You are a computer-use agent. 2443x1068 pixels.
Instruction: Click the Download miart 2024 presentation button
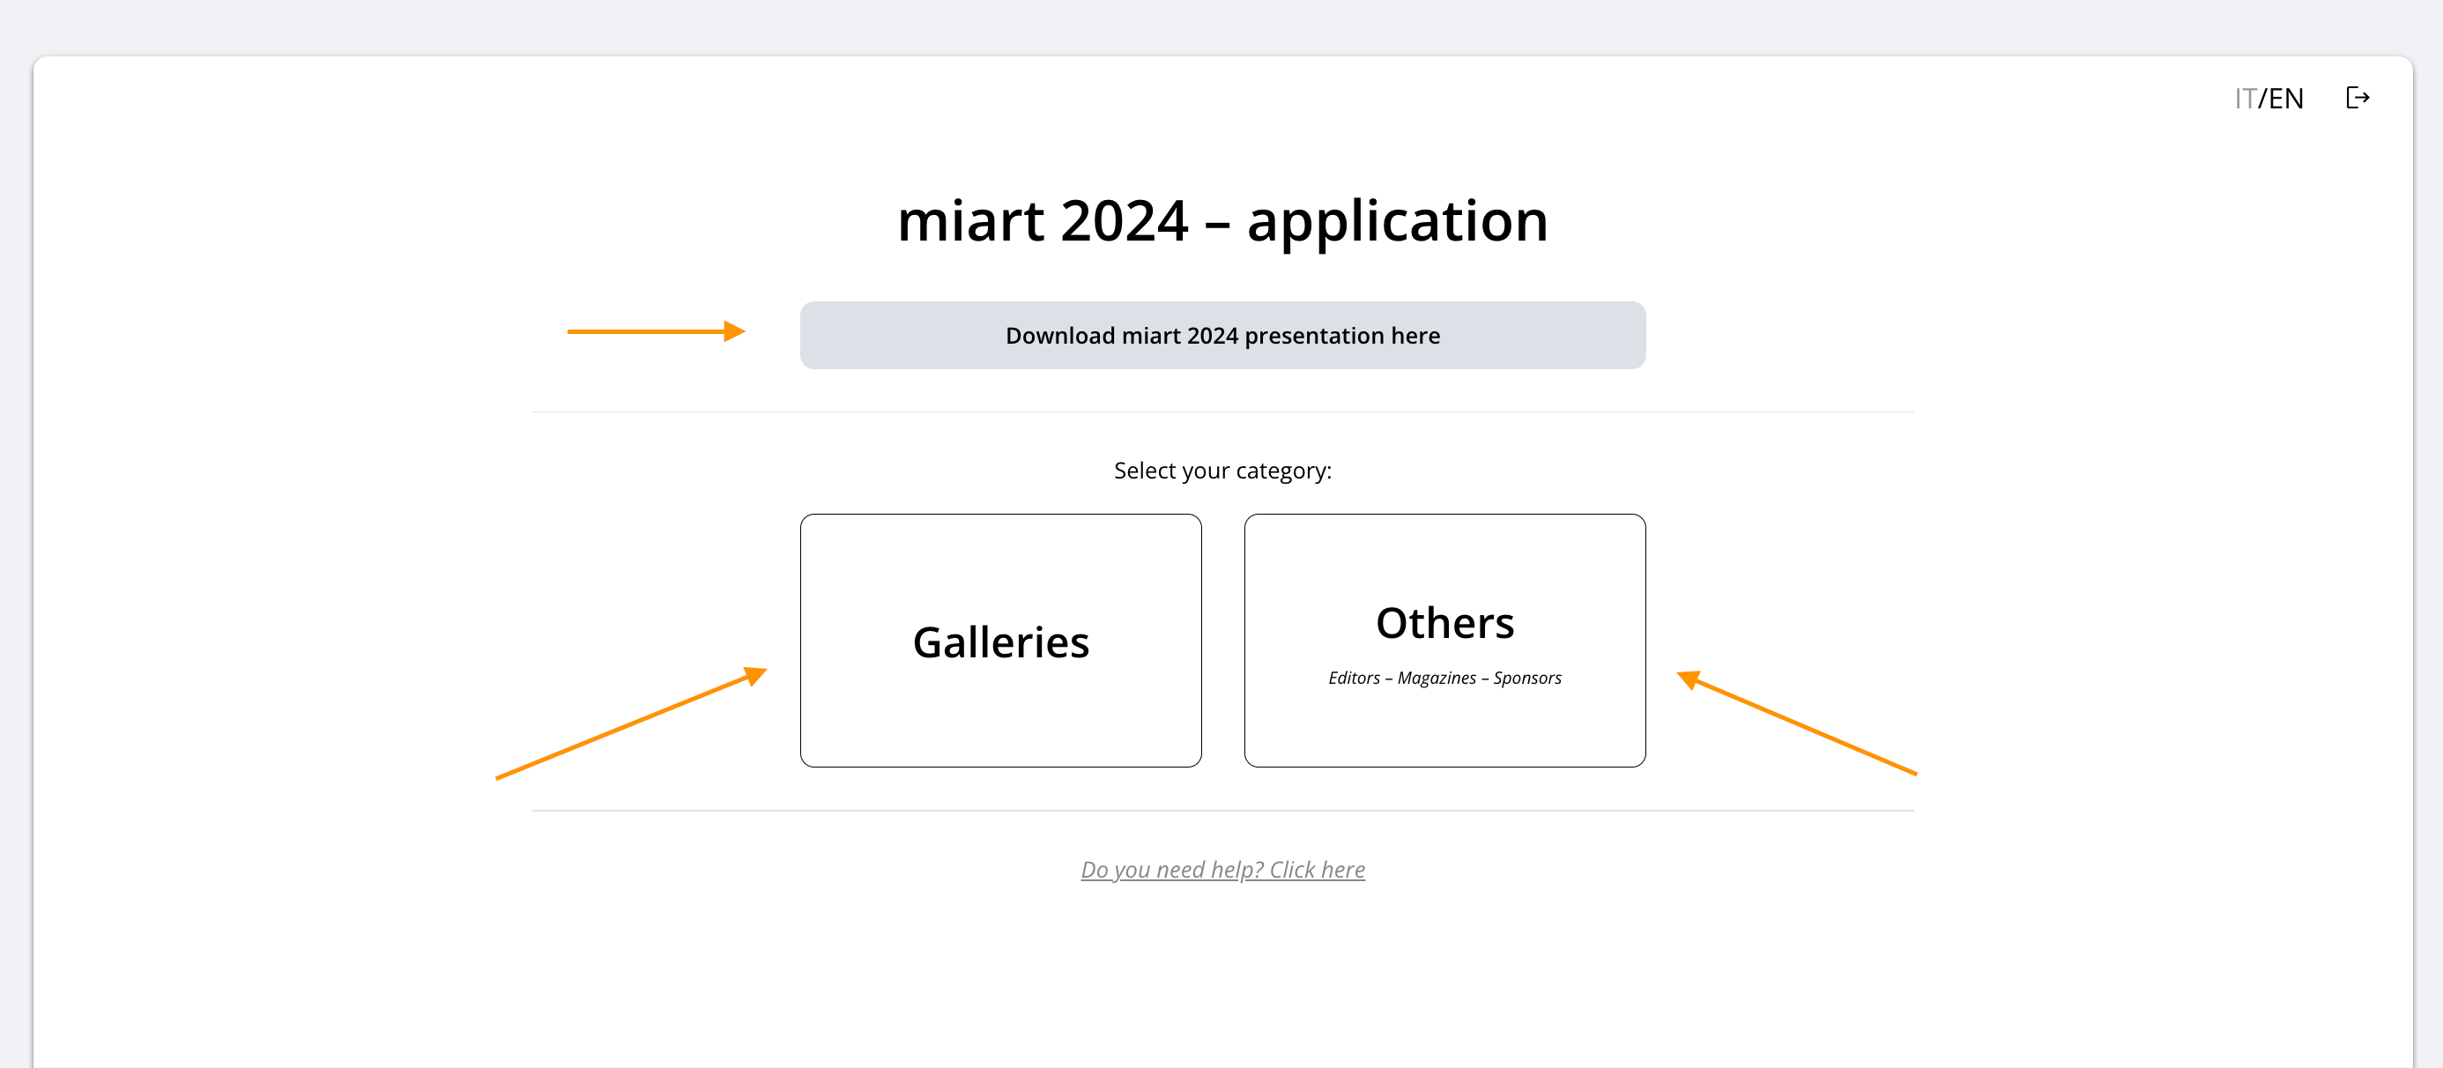pyautogui.click(x=1222, y=336)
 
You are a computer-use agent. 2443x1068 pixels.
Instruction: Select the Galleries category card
pyautogui.click(x=1000, y=641)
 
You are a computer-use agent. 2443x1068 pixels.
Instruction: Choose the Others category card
pyautogui.click(x=1444, y=641)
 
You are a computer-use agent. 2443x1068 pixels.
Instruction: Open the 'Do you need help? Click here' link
pyautogui.click(x=1222, y=870)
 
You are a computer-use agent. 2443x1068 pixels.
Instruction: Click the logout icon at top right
pyautogui.click(x=2358, y=98)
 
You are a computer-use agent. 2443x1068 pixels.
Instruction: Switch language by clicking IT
pyautogui.click(x=2245, y=99)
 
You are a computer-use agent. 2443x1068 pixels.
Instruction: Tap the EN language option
pyautogui.click(x=2285, y=99)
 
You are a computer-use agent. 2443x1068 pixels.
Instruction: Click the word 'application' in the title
pyautogui.click(x=1397, y=222)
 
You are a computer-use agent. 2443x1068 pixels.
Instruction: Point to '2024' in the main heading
pyautogui.click(x=1124, y=222)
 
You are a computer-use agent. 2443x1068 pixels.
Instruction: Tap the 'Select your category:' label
pyautogui.click(x=1222, y=471)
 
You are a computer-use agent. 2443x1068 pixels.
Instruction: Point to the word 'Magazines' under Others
pyautogui.click(x=1437, y=679)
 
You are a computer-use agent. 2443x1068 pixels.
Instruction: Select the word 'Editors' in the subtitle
pyautogui.click(x=1355, y=679)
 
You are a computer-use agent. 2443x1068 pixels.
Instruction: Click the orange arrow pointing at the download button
pyautogui.click(x=657, y=331)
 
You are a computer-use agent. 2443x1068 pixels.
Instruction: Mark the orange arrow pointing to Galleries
pyautogui.click(x=632, y=723)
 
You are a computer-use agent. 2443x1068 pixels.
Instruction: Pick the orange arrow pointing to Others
pyautogui.click(x=1797, y=723)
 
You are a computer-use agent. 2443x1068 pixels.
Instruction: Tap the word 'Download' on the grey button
pyautogui.click(x=1060, y=336)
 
